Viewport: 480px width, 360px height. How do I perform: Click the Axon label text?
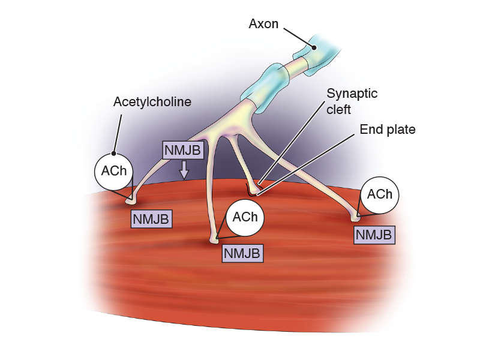point(264,25)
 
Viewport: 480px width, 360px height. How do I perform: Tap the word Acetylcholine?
point(152,102)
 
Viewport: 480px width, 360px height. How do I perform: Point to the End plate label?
point(388,130)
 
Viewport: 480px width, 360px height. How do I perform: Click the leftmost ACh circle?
point(113,171)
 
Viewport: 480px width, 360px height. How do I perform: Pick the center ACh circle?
point(245,217)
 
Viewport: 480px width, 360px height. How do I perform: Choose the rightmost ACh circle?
point(380,194)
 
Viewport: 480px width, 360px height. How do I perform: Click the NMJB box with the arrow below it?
point(184,150)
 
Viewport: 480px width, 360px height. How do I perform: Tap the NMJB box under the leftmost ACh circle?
point(151,218)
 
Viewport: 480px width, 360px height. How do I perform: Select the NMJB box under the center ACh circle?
point(242,253)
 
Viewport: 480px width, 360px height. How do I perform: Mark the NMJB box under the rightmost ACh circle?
point(375,234)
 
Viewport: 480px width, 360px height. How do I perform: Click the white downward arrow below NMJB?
point(184,170)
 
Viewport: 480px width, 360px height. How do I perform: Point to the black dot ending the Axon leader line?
point(313,47)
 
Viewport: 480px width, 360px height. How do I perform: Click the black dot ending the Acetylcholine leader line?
point(113,154)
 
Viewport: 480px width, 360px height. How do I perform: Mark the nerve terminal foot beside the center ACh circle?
point(214,240)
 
